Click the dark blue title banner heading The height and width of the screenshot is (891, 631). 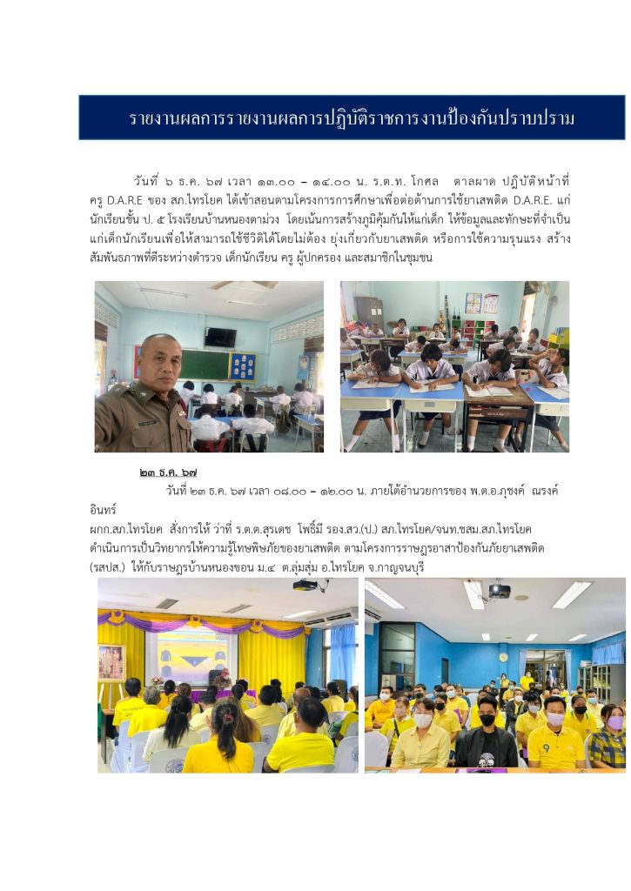[x=352, y=118]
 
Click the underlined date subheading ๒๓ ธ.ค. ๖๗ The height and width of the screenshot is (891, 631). [x=167, y=472]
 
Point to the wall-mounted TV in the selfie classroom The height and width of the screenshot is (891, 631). [x=221, y=337]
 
